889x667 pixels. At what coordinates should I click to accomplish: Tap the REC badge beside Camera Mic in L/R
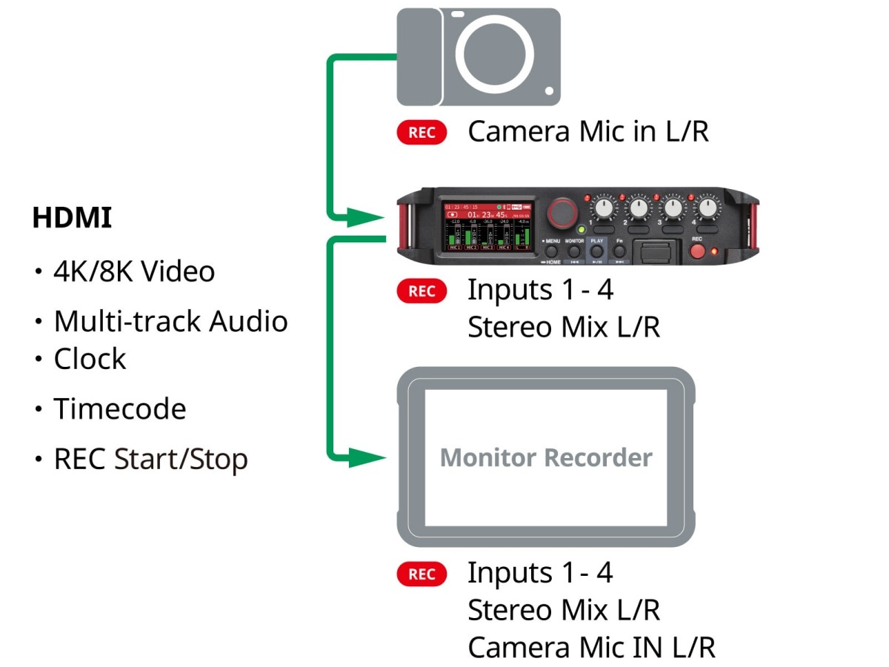point(422,133)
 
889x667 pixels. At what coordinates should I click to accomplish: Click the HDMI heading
point(72,218)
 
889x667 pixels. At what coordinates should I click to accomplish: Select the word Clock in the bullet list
point(90,359)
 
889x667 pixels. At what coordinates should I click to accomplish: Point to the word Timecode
point(119,409)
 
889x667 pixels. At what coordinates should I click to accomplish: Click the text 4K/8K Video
point(134,272)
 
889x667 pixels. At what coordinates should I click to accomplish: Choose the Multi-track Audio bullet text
point(170,322)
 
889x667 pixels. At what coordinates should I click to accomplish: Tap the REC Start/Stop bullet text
point(150,459)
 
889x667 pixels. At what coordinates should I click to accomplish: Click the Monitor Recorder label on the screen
point(546,457)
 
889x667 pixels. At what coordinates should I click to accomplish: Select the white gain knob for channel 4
point(707,209)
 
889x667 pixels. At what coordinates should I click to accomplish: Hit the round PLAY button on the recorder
point(597,252)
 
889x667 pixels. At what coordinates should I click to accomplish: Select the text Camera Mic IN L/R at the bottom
point(591,648)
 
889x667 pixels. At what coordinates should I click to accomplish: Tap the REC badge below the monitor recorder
point(422,574)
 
